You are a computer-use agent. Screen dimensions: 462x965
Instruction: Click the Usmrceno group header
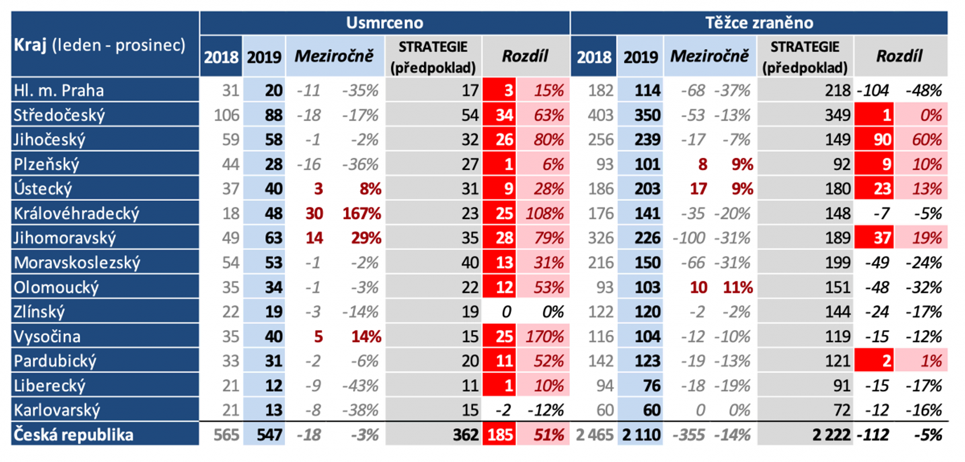[x=384, y=23]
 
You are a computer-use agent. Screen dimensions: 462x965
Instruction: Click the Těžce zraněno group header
[x=759, y=23]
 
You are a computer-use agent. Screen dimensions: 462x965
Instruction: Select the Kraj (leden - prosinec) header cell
[x=100, y=45]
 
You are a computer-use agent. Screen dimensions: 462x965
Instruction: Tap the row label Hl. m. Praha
[x=59, y=90]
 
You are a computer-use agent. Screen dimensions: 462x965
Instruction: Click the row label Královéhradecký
[x=76, y=213]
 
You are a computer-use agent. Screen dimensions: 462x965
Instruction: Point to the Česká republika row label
[x=73, y=435]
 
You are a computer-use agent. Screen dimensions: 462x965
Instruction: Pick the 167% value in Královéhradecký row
[x=361, y=213]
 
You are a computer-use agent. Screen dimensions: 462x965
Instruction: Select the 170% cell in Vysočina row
[x=544, y=336]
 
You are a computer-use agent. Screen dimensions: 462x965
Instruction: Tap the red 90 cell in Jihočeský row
[x=882, y=140]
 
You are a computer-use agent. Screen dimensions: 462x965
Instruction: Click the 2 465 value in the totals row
[x=594, y=435]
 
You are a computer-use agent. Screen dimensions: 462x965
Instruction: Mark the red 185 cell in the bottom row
[x=500, y=435]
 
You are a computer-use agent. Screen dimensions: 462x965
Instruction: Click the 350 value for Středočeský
[x=647, y=115]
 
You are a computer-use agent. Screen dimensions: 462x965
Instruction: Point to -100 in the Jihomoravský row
[x=689, y=238]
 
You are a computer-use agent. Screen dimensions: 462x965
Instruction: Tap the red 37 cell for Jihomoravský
[x=882, y=238]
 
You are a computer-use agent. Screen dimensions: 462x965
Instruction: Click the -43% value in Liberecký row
[x=360, y=386]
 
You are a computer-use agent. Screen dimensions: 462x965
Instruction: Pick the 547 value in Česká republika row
[x=269, y=435]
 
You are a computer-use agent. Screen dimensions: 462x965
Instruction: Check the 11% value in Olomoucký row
[x=737, y=287]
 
